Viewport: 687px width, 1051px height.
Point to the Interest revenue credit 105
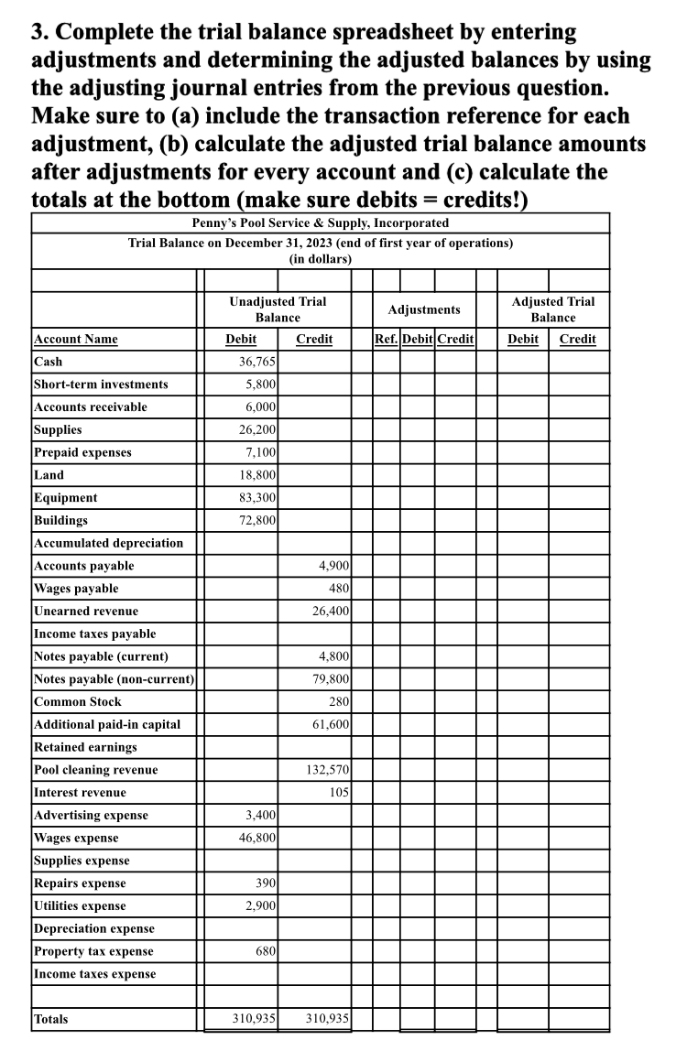coord(336,792)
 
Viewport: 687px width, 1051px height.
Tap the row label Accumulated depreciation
coord(108,543)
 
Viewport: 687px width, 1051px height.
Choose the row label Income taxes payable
coord(94,634)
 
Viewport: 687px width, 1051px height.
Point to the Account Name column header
coord(75,339)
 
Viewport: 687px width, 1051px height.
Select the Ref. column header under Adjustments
coord(387,339)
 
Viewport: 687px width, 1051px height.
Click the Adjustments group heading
coord(423,309)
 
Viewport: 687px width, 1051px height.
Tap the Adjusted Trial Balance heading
coord(552,309)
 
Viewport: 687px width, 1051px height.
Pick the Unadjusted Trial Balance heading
coord(277,309)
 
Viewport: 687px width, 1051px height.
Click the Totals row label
coord(50,1019)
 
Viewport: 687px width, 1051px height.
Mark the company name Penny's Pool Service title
coord(320,222)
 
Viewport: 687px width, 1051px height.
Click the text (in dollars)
coord(320,259)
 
